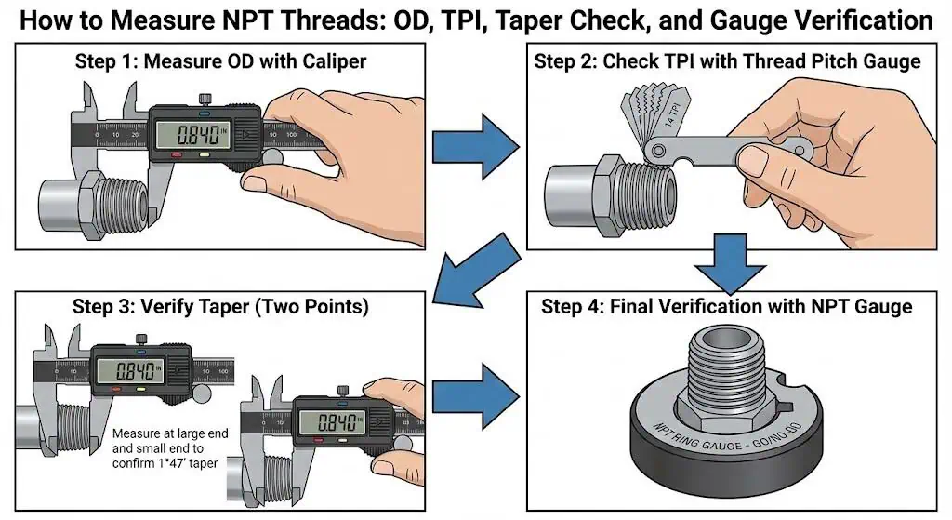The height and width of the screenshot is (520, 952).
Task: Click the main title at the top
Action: [x=476, y=20]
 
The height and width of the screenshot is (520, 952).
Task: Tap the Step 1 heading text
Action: [x=220, y=63]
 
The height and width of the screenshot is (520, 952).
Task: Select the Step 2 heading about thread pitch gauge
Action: [x=727, y=62]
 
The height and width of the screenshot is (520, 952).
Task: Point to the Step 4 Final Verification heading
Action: [x=727, y=307]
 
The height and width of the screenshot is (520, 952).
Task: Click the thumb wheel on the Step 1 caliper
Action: [x=273, y=161]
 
